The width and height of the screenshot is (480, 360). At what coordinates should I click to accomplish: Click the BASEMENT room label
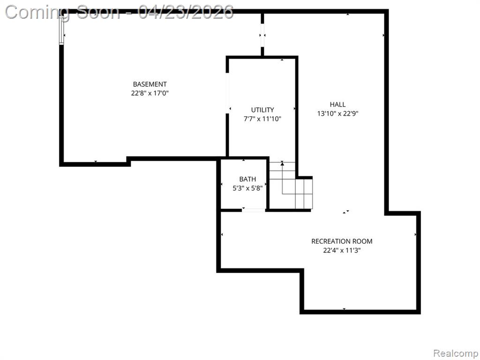tap(150, 84)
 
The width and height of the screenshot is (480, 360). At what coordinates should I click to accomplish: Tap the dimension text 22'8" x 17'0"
tap(150, 93)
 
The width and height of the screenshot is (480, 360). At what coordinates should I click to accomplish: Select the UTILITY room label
tap(262, 110)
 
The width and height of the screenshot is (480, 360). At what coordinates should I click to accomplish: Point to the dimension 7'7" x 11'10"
tap(262, 119)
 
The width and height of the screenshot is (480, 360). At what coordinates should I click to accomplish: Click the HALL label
tap(337, 105)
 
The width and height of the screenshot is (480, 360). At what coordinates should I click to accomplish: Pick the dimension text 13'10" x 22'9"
tap(337, 113)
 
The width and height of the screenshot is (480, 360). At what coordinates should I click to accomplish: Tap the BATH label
tap(247, 179)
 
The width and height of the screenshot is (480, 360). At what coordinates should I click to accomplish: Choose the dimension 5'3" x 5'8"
tap(247, 188)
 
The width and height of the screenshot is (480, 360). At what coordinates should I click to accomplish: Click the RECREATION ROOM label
tap(342, 241)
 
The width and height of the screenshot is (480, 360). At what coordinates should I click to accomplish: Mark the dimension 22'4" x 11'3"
tap(342, 250)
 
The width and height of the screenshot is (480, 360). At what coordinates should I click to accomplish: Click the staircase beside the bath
tap(291, 185)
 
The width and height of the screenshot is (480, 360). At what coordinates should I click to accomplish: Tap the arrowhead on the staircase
tap(282, 164)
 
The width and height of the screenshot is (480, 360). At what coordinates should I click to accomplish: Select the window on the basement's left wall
tap(61, 30)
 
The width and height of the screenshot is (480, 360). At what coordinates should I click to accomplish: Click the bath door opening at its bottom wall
tap(254, 210)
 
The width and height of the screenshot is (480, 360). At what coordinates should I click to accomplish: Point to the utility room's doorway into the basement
tap(227, 93)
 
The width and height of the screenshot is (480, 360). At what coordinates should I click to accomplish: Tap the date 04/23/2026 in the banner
tap(185, 12)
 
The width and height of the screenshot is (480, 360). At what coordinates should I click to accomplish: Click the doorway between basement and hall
tap(262, 35)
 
